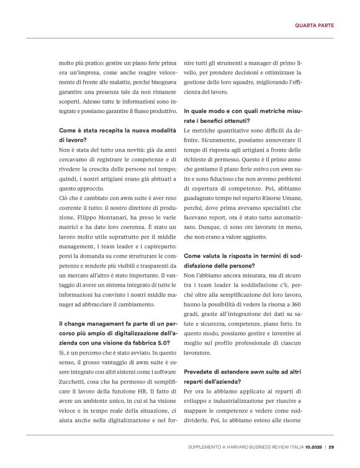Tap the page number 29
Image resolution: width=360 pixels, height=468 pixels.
[331, 446]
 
